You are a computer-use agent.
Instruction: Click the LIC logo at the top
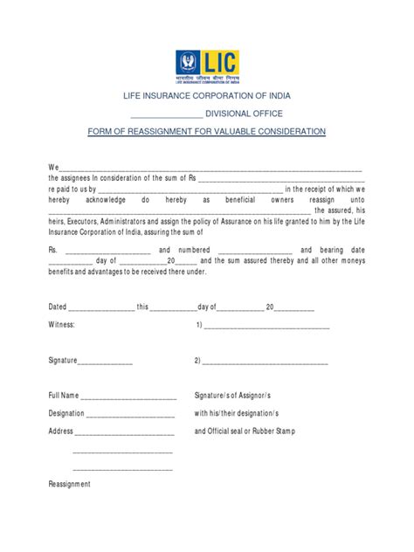(206, 65)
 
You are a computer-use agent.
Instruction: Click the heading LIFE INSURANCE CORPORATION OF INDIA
(206, 95)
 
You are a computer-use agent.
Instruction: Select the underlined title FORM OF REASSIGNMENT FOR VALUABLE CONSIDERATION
(206, 131)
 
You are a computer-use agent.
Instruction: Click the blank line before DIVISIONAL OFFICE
(165, 114)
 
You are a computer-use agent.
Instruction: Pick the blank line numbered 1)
(266, 327)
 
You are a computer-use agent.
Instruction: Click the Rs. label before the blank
(52, 248)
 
